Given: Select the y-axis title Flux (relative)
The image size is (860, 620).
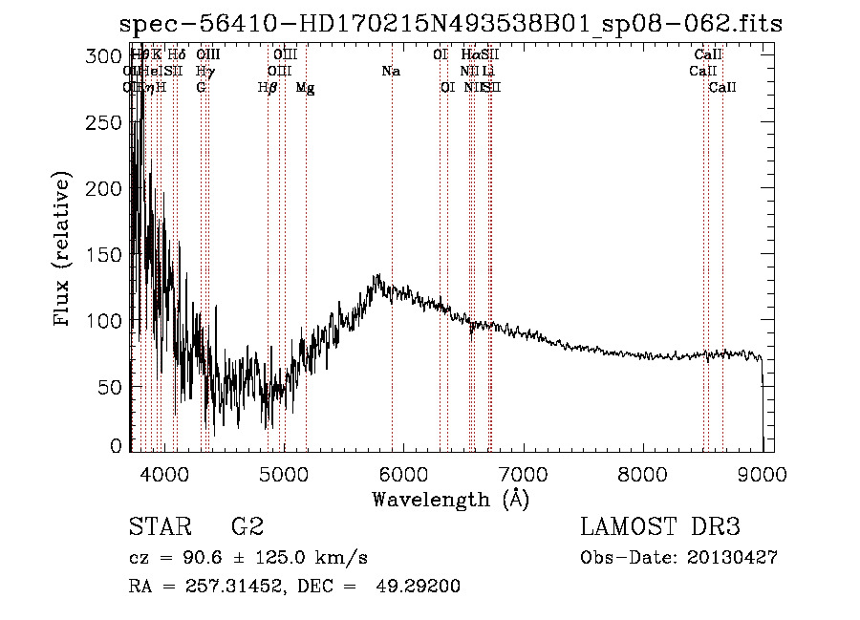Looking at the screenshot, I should [x=63, y=251].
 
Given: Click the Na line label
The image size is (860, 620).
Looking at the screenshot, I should [x=390, y=71].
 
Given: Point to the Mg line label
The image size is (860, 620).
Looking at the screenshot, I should [x=305, y=88].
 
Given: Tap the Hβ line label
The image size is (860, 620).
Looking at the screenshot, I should [x=268, y=88].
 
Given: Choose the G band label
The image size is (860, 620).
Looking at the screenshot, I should [x=201, y=88].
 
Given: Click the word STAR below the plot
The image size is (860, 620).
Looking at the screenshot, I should [x=158, y=527].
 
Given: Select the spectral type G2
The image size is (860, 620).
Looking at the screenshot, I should [x=247, y=527].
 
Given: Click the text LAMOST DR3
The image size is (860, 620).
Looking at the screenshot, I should [x=660, y=527].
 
